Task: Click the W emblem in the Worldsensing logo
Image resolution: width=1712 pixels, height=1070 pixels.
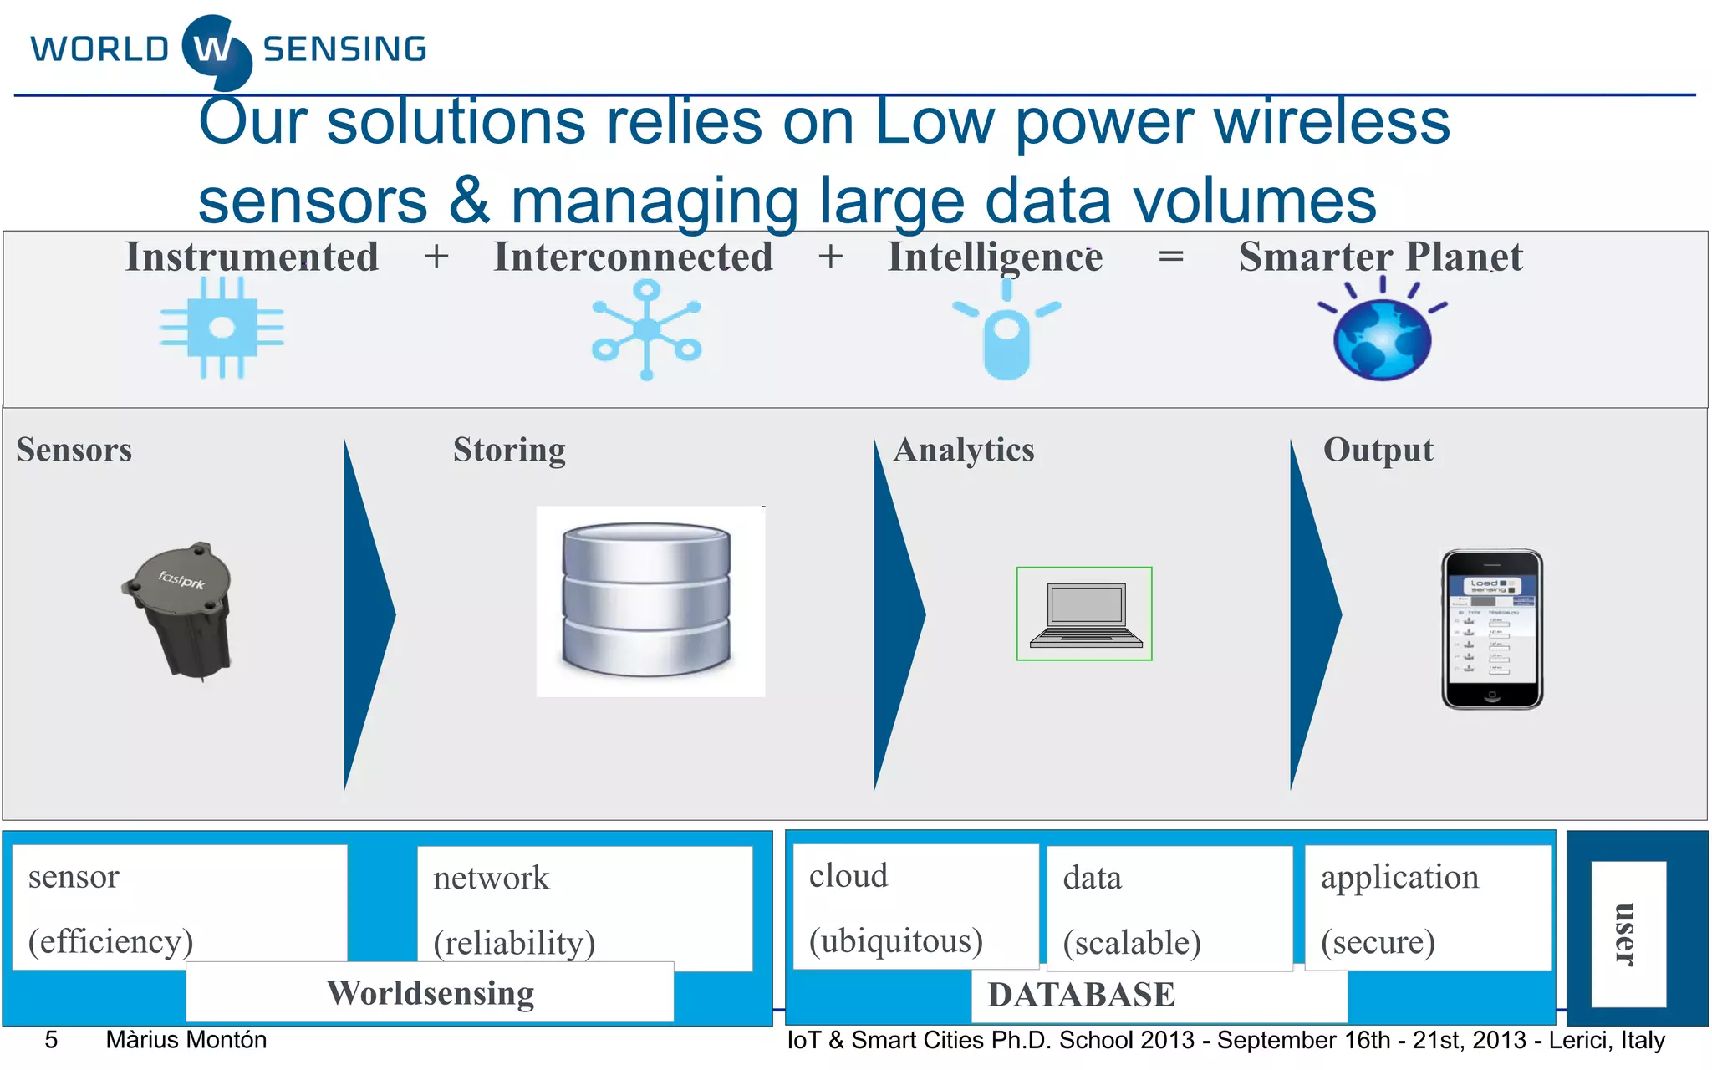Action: [216, 50]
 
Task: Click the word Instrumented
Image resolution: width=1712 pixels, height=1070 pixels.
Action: [252, 257]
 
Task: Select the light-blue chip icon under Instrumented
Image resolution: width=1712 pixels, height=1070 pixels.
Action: [222, 328]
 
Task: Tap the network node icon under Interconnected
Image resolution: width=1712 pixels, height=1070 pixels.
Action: [646, 330]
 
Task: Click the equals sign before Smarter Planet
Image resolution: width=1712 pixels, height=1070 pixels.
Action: [1170, 256]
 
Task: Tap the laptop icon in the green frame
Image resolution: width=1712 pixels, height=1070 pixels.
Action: [1085, 614]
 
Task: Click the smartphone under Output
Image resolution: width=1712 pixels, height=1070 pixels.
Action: [1492, 629]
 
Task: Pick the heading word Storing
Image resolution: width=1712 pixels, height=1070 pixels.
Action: [509, 450]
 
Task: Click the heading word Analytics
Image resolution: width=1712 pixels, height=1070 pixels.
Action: [964, 450]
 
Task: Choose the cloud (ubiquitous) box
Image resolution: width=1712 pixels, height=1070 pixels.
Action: [915, 907]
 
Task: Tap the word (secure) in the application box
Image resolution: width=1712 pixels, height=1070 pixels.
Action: [1378, 942]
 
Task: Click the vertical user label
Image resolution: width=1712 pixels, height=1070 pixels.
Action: [1627, 934]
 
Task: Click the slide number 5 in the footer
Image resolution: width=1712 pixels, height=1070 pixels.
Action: [51, 1040]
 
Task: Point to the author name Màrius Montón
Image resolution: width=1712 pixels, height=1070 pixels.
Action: [186, 1040]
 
